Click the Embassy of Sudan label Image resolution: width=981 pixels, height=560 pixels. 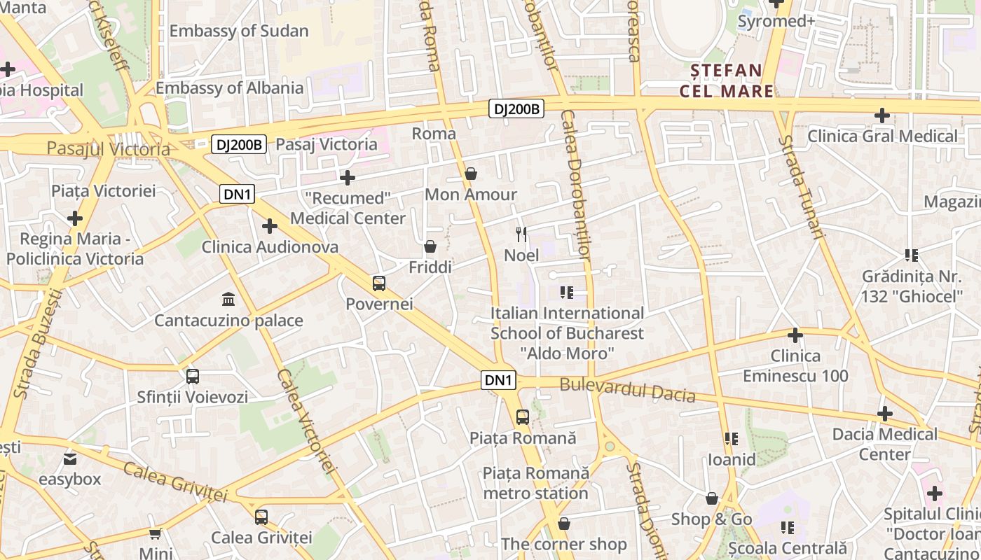[238, 31]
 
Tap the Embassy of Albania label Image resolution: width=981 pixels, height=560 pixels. [229, 87]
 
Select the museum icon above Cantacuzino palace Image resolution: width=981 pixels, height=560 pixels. [228, 300]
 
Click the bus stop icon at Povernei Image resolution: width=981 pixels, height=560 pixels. [379, 283]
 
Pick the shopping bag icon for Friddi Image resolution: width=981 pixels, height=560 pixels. [430, 246]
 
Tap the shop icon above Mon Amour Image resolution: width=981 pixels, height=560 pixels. [471, 173]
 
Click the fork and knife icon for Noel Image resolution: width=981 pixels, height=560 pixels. [521, 234]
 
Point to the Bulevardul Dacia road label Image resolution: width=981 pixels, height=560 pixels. [627, 390]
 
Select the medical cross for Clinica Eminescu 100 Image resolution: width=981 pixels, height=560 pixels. [795, 335]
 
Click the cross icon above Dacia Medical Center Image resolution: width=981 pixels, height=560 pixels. [885, 414]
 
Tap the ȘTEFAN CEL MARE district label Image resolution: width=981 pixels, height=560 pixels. [727, 80]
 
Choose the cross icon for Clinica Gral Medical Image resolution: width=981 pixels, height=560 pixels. [882, 115]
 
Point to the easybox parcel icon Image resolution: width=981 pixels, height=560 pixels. [70, 459]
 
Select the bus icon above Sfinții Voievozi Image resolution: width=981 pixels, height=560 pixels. [193, 377]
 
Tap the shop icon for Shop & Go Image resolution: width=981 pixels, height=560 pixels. [712, 498]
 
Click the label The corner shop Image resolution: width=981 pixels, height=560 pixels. [563, 544]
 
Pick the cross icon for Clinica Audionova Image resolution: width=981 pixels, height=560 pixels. [270, 226]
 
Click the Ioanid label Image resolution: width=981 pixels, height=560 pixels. [732, 459]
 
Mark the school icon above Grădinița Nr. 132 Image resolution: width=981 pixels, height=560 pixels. [912, 255]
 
